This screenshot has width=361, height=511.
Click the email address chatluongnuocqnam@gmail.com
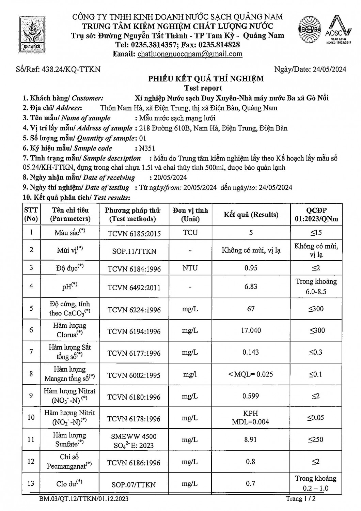(190, 53)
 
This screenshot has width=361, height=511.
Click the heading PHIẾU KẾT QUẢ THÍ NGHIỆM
(206, 79)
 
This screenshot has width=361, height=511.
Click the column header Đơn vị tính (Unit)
(190, 215)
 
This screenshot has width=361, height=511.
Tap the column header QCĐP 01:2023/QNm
(316, 215)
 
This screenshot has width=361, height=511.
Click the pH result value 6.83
(251, 287)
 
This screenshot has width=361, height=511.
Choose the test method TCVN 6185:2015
(134, 233)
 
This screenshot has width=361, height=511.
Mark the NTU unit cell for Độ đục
(190, 268)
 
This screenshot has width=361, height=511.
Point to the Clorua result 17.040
(251, 330)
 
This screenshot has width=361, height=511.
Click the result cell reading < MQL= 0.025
(251, 374)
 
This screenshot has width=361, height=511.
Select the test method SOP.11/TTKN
(134, 251)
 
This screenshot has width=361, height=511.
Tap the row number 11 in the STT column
(31, 439)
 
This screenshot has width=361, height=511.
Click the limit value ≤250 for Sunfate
(316, 439)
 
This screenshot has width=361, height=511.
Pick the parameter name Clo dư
(69, 483)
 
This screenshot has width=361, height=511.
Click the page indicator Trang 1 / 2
(299, 499)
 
